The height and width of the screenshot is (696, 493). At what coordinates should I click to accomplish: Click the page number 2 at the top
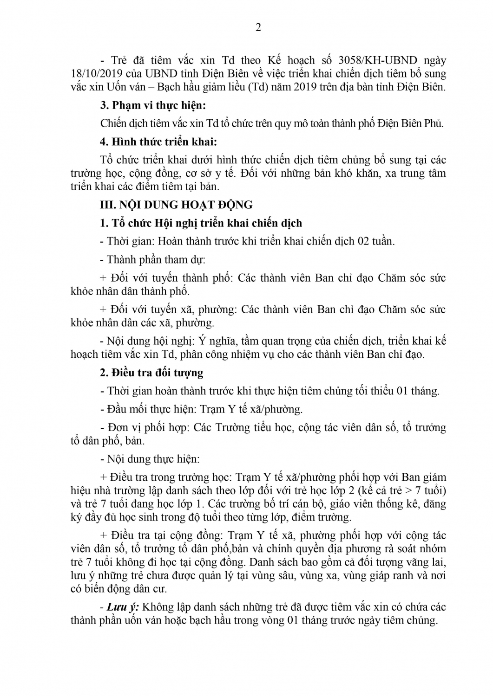258,27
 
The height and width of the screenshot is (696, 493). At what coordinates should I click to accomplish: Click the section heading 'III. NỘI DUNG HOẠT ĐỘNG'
177,205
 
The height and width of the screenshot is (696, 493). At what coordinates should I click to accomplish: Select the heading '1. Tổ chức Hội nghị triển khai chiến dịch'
201,223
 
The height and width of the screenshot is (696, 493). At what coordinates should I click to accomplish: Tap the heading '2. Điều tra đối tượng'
151,373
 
